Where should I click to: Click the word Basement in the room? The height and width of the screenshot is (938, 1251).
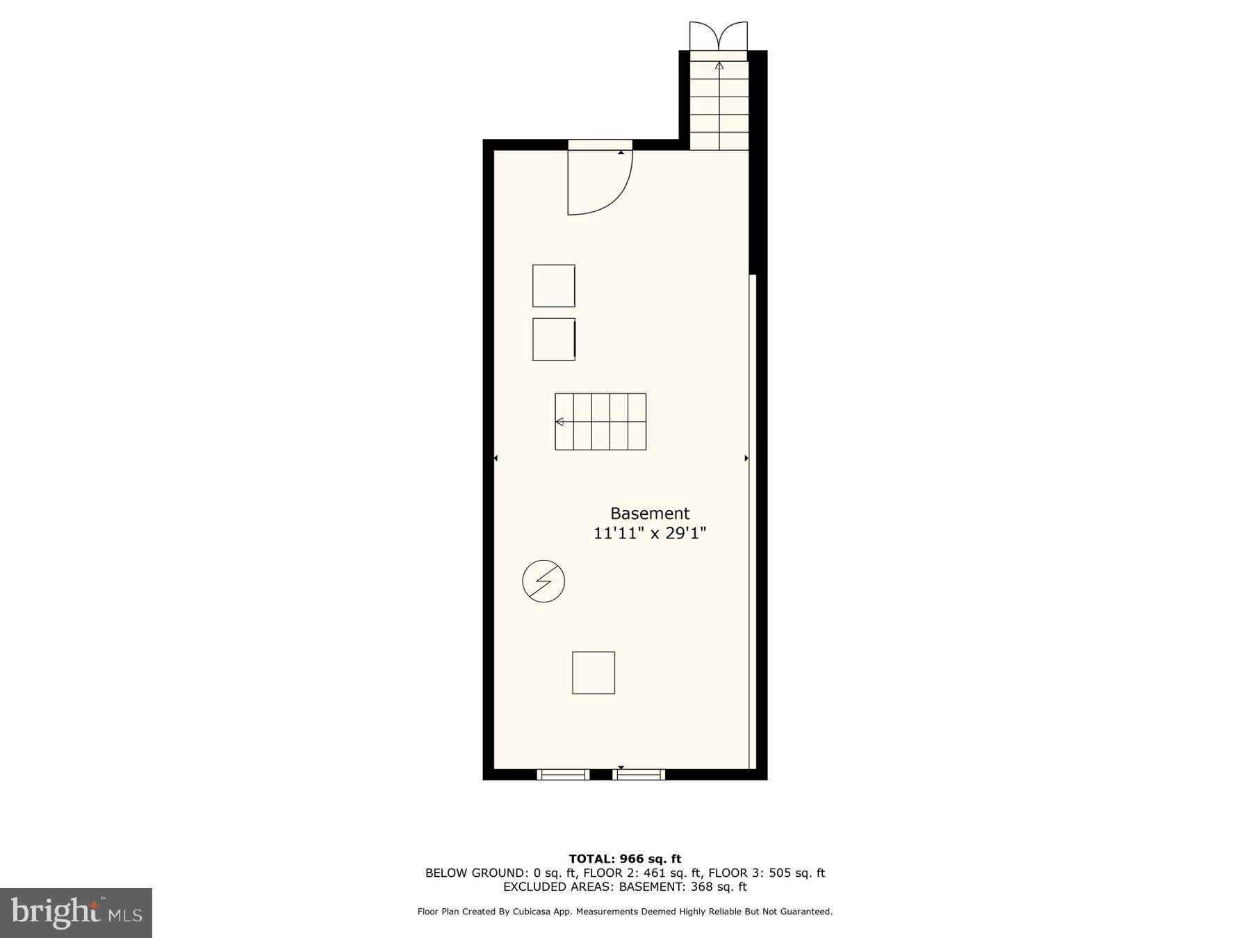pos(650,513)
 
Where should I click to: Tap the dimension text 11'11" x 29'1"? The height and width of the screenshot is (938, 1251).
pos(650,534)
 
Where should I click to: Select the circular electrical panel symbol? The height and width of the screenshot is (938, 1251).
pos(543,581)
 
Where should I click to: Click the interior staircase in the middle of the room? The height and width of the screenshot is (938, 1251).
pos(600,422)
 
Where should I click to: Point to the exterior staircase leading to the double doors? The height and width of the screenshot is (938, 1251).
pos(719,104)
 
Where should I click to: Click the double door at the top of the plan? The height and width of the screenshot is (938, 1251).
pos(719,36)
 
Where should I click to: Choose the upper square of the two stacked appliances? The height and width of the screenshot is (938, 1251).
pos(554,286)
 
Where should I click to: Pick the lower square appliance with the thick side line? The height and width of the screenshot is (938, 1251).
pos(554,339)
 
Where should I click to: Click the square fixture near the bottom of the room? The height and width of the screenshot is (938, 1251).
pos(594,673)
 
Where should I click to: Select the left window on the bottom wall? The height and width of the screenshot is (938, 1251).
pos(563,775)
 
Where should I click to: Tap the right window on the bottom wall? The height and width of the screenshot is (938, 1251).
pos(639,775)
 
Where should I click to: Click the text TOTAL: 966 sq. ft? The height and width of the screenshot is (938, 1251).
pos(625,859)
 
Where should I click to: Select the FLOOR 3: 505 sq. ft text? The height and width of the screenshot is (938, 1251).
pos(767,873)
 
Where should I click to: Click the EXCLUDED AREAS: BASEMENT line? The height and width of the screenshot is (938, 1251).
pos(625,887)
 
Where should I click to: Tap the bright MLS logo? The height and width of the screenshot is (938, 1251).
pos(76,912)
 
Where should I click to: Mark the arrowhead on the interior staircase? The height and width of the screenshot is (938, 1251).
pos(559,422)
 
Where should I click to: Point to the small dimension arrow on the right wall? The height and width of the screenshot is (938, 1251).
pos(746,459)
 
